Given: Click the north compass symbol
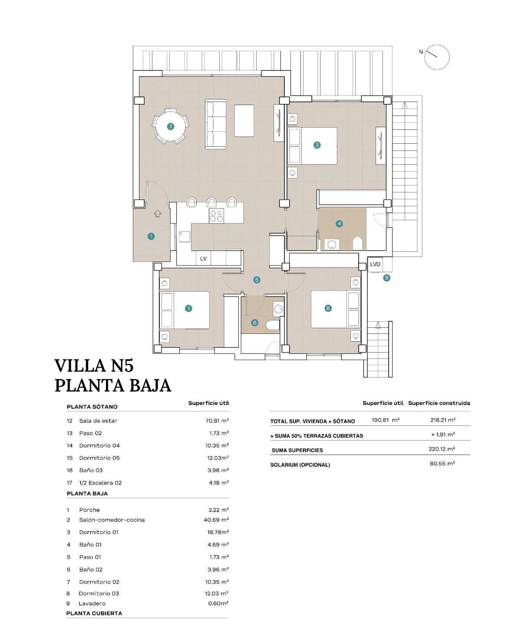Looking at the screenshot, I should pyautogui.click(x=436, y=57).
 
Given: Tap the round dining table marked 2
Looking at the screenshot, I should pyautogui.click(x=171, y=126).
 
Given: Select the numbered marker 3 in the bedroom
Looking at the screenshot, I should pyautogui.click(x=317, y=145).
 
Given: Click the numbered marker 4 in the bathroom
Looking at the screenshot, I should pyautogui.click(x=339, y=224).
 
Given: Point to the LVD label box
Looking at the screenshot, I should pyautogui.click(x=375, y=264).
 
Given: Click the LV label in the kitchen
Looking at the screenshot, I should pyautogui.click(x=203, y=259).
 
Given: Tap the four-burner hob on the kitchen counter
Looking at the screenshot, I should pyautogui.click(x=217, y=216).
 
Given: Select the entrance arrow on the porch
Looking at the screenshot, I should pyautogui.click(x=158, y=214).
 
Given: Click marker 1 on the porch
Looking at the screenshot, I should pyautogui.click(x=151, y=236).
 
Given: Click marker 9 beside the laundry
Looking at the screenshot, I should pyautogui.click(x=386, y=278).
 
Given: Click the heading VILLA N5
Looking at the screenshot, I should pyautogui.click(x=94, y=366).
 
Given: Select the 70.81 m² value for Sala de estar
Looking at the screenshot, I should pyautogui.click(x=217, y=421).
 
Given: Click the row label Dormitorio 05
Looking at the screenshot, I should pyautogui.click(x=99, y=458).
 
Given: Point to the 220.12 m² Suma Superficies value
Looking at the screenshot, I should pyautogui.click(x=442, y=449).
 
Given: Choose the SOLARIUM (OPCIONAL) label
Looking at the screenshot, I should pyautogui.click(x=300, y=465).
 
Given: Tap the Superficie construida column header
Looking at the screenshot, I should pyautogui.click(x=439, y=403).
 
